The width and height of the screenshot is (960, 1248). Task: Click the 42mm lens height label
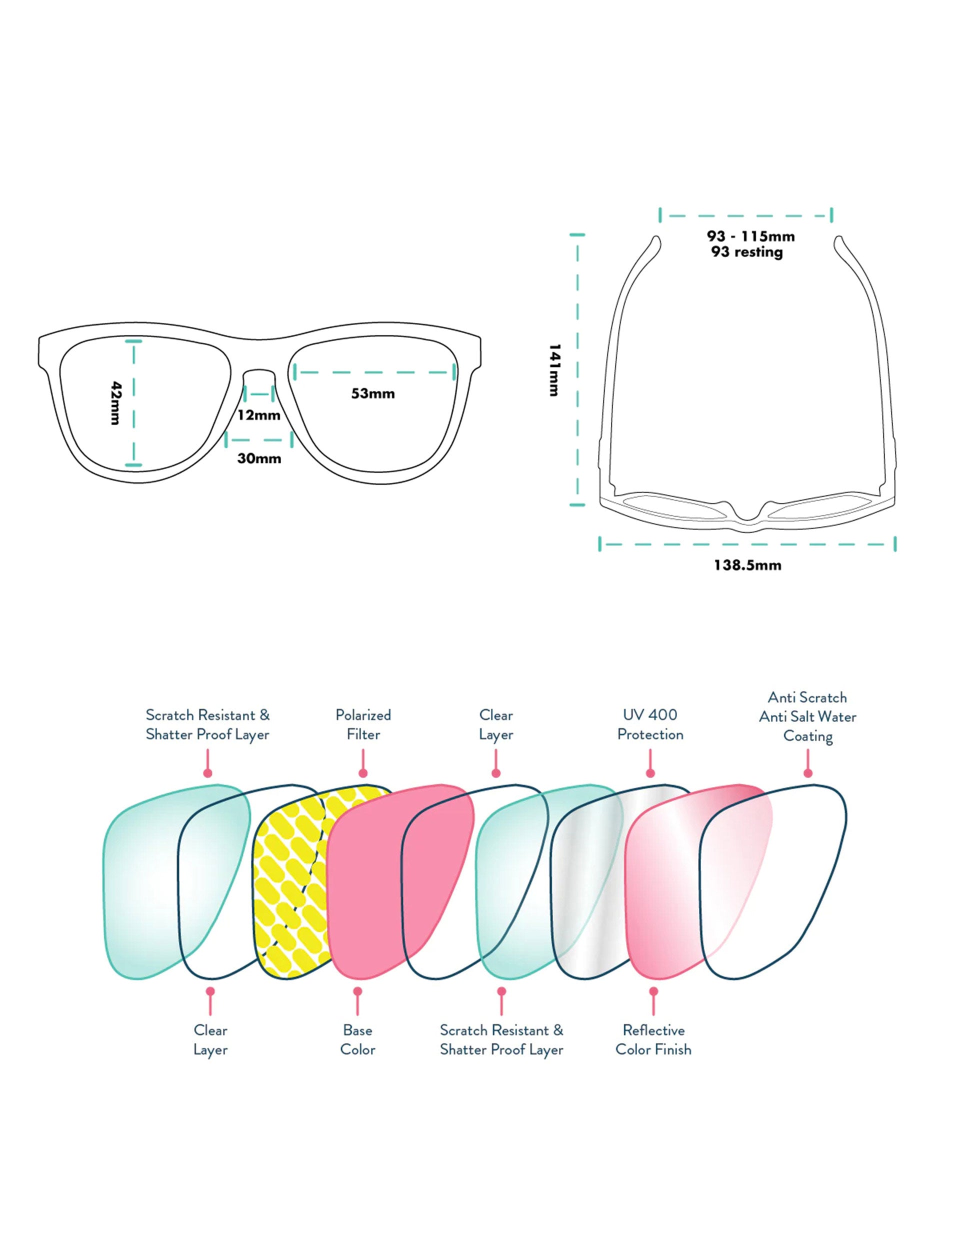[115, 403]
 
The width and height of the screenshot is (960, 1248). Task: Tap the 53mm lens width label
[372, 393]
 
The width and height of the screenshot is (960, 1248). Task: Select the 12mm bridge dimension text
[259, 415]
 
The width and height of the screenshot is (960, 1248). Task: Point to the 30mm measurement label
[259, 458]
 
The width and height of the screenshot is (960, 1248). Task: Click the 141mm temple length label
[553, 370]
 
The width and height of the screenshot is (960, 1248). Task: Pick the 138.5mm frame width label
[747, 565]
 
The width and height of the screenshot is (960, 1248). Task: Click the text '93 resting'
[747, 251]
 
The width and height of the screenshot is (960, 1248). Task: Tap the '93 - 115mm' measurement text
[750, 236]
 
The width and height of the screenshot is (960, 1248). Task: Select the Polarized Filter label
[363, 724]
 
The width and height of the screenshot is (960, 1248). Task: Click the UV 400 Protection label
[650, 724]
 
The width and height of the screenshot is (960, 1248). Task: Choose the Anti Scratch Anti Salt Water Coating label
[807, 716]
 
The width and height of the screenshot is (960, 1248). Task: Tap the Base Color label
[357, 1040]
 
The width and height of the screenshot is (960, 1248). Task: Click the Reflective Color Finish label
[653, 1040]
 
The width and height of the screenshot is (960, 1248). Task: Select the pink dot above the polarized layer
[363, 773]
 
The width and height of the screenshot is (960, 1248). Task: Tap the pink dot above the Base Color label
[357, 991]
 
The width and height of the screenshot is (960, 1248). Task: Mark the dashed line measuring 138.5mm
[747, 544]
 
